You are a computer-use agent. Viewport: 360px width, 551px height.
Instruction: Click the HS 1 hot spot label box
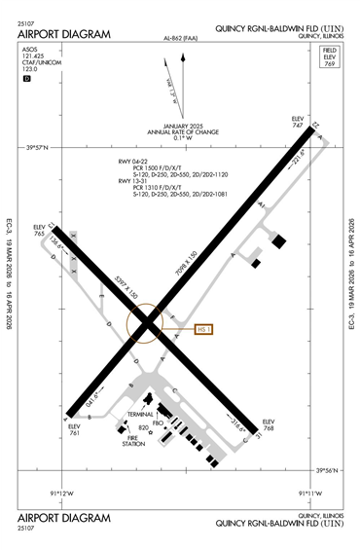tap(203, 329)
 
